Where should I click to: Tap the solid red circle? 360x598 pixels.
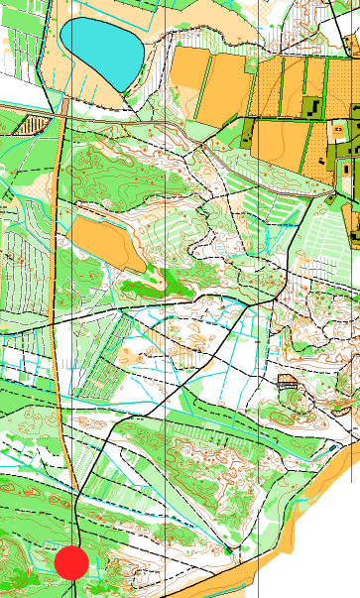click(71, 562)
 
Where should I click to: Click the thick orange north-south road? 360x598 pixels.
click(56, 298)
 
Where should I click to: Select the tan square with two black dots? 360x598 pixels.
click(340, 128)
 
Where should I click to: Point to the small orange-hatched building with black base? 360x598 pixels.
click(289, 382)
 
